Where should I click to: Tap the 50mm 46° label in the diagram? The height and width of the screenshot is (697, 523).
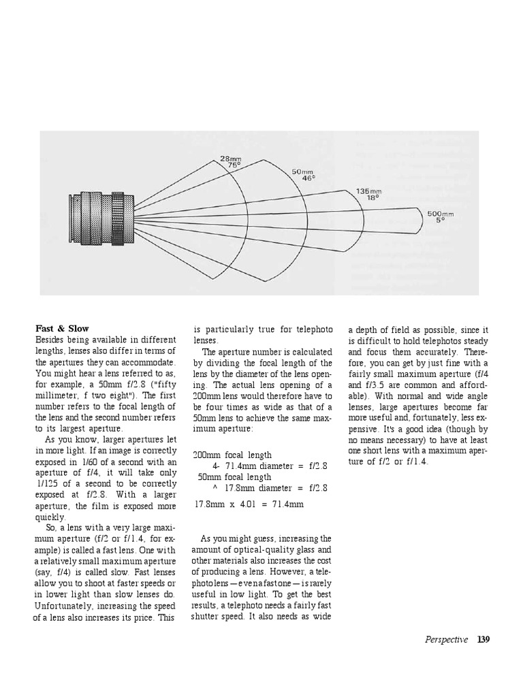pyautogui.click(x=305, y=175)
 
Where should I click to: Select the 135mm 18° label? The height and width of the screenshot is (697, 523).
pyautogui.click(x=368, y=195)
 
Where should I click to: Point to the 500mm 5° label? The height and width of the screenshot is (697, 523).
pyautogui.click(x=440, y=217)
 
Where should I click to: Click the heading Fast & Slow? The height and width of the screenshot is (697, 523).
pyautogui.click(x=62, y=329)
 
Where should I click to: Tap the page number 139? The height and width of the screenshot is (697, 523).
pyautogui.click(x=484, y=639)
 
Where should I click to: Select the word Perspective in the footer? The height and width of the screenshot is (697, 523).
pyautogui.click(x=446, y=639)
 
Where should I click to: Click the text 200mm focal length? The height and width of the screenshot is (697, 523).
pyautogui.click(x=232, y=455)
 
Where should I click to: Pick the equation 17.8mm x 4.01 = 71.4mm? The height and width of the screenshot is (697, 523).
pyautogui.click(x=249, y=504)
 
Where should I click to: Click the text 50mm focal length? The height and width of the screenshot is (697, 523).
pyautogui.click(x=234, y=476)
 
